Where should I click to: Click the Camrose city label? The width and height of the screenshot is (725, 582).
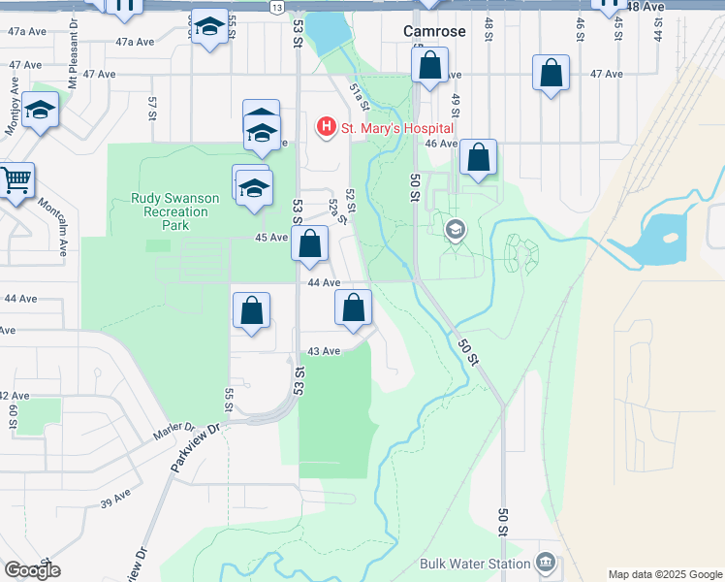point(434,32)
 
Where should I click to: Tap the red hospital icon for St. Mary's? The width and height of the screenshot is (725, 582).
point(326,127)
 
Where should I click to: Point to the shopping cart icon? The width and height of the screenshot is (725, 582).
point(16,180)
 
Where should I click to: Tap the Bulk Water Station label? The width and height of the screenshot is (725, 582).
point(475,564)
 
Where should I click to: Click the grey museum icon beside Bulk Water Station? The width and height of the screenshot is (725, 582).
point(545,563)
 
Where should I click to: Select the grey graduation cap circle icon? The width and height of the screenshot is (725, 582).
point(454,230)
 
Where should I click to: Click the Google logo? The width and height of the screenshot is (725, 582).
point(32,569)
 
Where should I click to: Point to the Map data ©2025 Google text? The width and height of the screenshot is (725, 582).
point(664,573)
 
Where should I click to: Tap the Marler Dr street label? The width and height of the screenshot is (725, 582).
point(173,432)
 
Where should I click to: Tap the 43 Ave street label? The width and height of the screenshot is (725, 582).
point(323,351)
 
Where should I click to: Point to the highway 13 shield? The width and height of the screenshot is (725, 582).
point(277,7)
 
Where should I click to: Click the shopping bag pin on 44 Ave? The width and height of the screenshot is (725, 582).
point(354,307)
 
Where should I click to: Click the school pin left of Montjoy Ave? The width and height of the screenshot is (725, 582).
point(41,113)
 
